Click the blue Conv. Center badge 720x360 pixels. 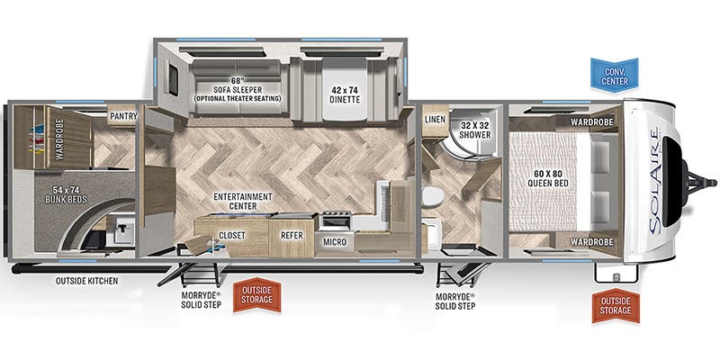click(615, 74)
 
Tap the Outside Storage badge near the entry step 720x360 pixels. click(256, 295)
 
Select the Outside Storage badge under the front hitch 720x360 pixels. click(616, 306)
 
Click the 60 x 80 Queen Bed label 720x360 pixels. click(547, 178)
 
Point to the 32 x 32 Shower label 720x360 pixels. click(475, 130)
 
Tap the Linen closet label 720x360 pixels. click(435, 120)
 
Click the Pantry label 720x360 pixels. click(122, 116)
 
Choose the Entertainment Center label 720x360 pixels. click(242, 201)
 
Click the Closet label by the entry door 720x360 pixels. click(232, 236)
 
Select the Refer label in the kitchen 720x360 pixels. click(292, 236)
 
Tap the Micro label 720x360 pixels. click(334, 241)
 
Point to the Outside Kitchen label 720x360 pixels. click(86, 281)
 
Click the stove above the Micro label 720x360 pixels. click(336, 220)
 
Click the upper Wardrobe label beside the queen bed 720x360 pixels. click(592, 121)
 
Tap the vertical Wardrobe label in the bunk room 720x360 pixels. click(59, 139)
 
